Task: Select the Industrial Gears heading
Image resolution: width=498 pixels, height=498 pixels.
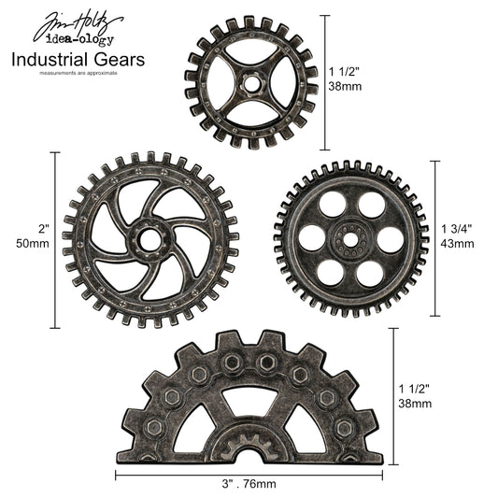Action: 78,60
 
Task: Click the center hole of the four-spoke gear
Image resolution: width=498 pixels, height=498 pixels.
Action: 251,82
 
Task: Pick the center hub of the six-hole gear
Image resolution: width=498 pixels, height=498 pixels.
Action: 350,237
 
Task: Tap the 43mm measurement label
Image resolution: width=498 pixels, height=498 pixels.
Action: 457,243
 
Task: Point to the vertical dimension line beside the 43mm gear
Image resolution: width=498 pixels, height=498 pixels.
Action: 432,238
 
